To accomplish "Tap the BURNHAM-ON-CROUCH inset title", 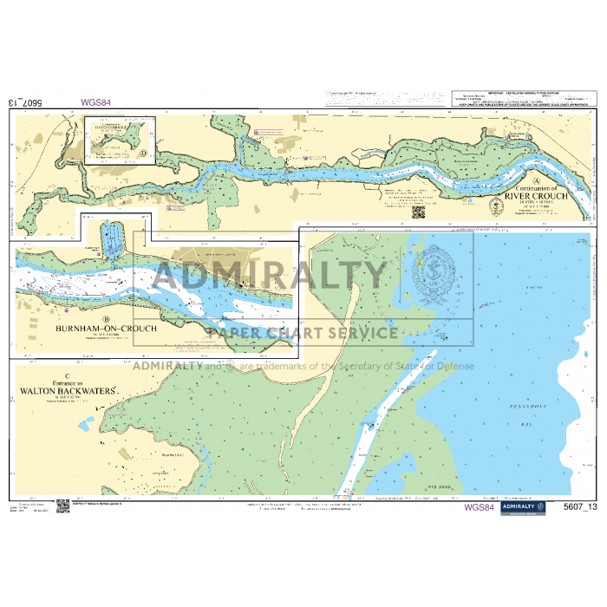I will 106,329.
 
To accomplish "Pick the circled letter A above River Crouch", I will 538,181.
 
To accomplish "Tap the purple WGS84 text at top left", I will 96,101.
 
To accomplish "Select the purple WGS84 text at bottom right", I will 480,507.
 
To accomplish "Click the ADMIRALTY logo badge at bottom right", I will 521,507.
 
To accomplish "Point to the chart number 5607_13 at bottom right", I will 579,507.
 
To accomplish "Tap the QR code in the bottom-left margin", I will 62,506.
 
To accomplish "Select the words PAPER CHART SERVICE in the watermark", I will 301,332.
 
